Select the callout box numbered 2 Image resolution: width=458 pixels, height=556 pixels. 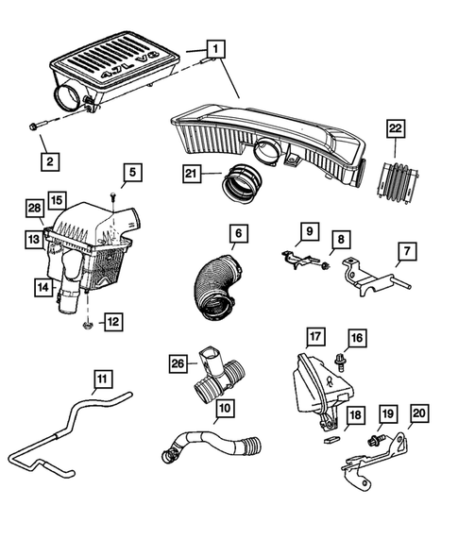(47, 161)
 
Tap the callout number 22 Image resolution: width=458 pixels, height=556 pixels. (395, 128)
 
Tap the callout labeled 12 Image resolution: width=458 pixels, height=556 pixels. (112, 323)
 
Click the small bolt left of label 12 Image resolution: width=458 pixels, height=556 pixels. (87, 325)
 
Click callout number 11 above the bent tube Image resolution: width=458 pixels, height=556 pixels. (101, 382)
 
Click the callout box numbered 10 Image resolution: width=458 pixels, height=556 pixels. (223, 408)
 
